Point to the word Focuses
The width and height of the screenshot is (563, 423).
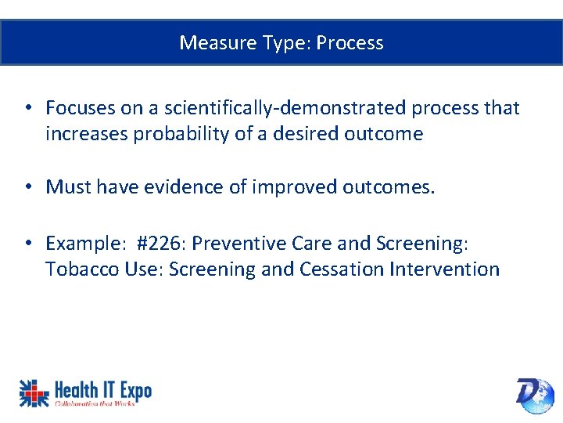78,107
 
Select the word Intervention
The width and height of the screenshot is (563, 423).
443,269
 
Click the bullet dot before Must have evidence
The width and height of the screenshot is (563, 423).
27,187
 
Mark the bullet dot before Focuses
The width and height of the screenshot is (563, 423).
27,108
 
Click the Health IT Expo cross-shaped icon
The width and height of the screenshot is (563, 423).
34,392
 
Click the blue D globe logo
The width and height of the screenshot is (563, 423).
534,394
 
